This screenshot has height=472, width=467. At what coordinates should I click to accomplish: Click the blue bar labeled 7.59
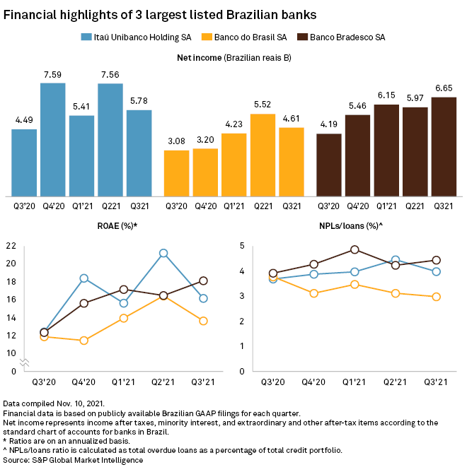53,139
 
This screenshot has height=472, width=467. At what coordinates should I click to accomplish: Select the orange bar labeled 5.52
263,155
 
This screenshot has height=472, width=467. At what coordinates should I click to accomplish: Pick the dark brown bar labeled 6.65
444,146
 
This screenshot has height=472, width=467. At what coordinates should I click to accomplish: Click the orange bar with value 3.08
176,173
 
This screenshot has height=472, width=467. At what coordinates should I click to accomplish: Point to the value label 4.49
24,119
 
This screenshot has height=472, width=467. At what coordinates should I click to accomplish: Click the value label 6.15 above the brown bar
386,95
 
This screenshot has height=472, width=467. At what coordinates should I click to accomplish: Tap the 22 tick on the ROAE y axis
10,245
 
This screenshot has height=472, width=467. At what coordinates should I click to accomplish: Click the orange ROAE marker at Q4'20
84,341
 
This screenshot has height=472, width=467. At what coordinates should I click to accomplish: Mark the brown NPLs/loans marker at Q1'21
354,249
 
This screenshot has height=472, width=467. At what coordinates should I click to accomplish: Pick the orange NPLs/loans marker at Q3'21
437,297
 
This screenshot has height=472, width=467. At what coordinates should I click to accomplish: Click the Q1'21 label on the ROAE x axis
124,382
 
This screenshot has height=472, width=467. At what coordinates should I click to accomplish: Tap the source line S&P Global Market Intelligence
72,460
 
